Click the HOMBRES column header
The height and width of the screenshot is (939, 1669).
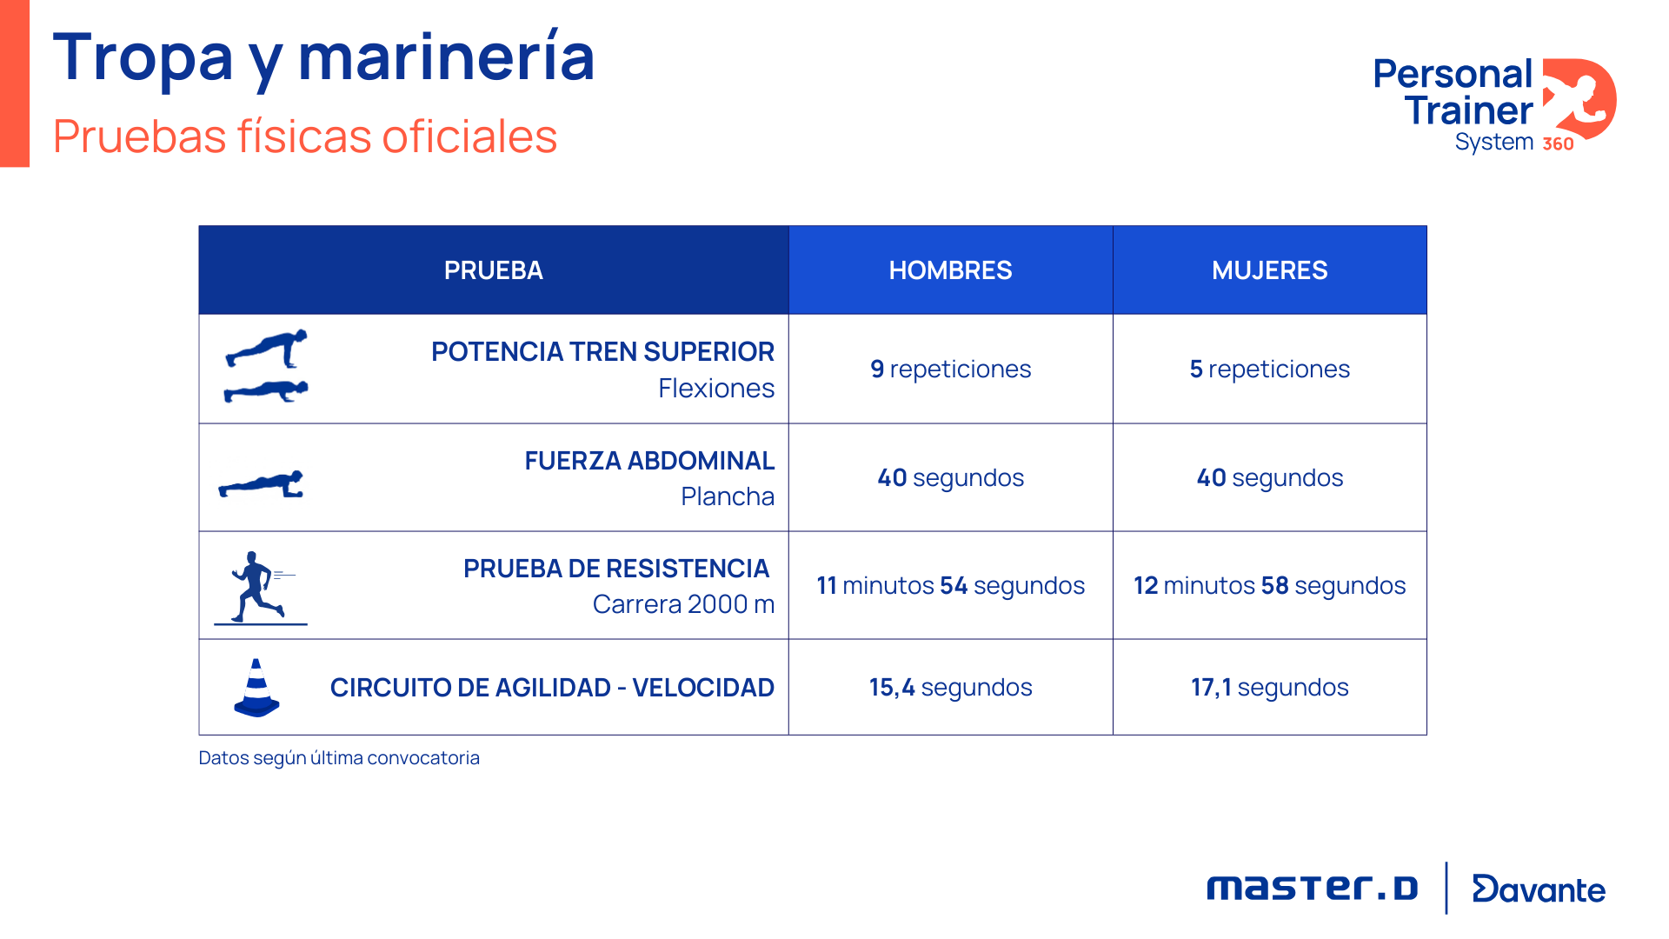point(950,270)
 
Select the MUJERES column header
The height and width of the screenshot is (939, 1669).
point(1269,270)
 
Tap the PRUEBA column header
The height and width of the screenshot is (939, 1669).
point(493,270)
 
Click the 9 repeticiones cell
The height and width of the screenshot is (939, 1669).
point(950,370)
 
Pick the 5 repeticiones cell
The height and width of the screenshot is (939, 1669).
point(1269,370)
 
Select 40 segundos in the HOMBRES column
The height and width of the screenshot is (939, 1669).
point(950,477)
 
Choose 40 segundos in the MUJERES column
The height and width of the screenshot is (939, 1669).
point(1269,477)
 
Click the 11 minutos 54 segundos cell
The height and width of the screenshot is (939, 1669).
point(950,585)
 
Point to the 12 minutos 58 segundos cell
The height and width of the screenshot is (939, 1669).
point(1269,585)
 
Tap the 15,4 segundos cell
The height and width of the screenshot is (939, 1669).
point(950,688)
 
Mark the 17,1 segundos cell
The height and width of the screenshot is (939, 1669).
point(1269,688)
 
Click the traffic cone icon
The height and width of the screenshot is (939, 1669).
point(256,688)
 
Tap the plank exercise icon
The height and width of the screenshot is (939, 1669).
point(262,484)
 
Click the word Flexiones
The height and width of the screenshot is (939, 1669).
point(715,389)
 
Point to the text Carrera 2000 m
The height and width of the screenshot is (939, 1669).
point(683,604)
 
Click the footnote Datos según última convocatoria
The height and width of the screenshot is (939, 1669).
point(339,758)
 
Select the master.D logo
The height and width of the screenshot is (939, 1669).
point(1312,889)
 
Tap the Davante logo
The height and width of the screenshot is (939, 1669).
point(1539,889)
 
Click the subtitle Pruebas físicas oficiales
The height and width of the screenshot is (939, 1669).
point(304,137)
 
